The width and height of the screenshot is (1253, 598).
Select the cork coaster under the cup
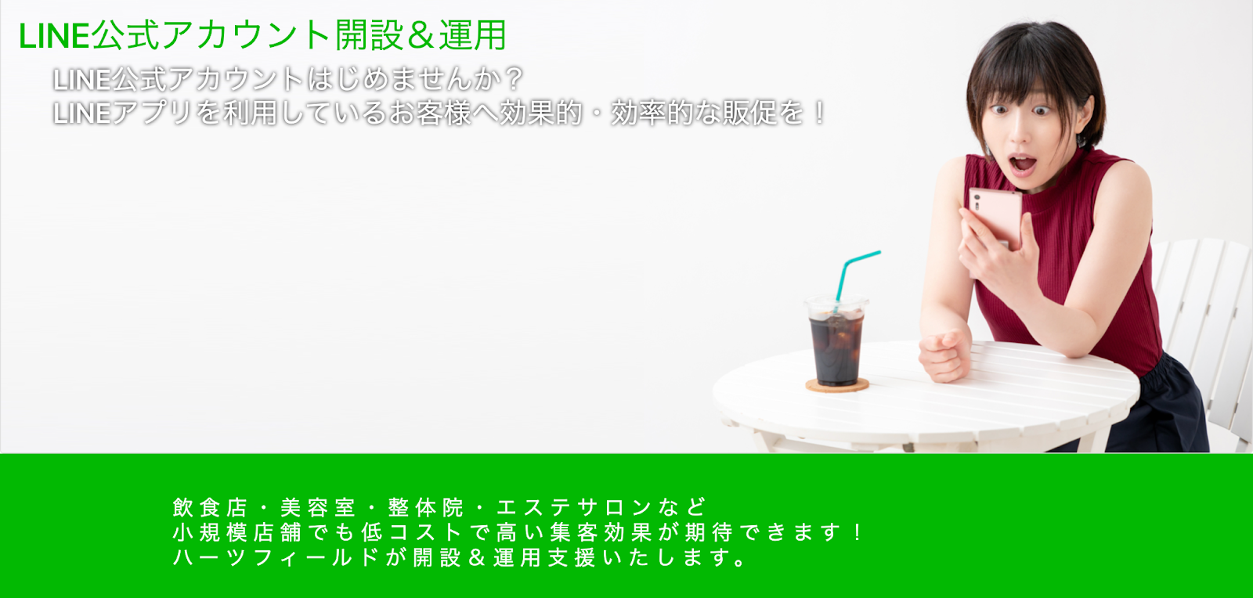tap(837, 384)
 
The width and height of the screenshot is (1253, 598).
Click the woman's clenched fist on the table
tap(944, 355)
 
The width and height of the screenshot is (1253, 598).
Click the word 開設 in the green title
tap(369, 35)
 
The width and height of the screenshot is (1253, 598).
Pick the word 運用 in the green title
tap(473, 35)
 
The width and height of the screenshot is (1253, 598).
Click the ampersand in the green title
tap(421, 36)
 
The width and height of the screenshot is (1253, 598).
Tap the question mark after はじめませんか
tap(513, 79)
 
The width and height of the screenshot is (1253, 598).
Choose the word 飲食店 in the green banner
tap(210, 507)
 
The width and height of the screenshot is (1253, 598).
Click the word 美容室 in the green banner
tap(318, 507)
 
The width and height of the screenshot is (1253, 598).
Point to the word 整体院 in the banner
tap(426, 507)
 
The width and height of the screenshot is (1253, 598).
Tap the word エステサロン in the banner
tap(574, 507)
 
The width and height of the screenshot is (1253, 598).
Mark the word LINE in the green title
tap(54, 36)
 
